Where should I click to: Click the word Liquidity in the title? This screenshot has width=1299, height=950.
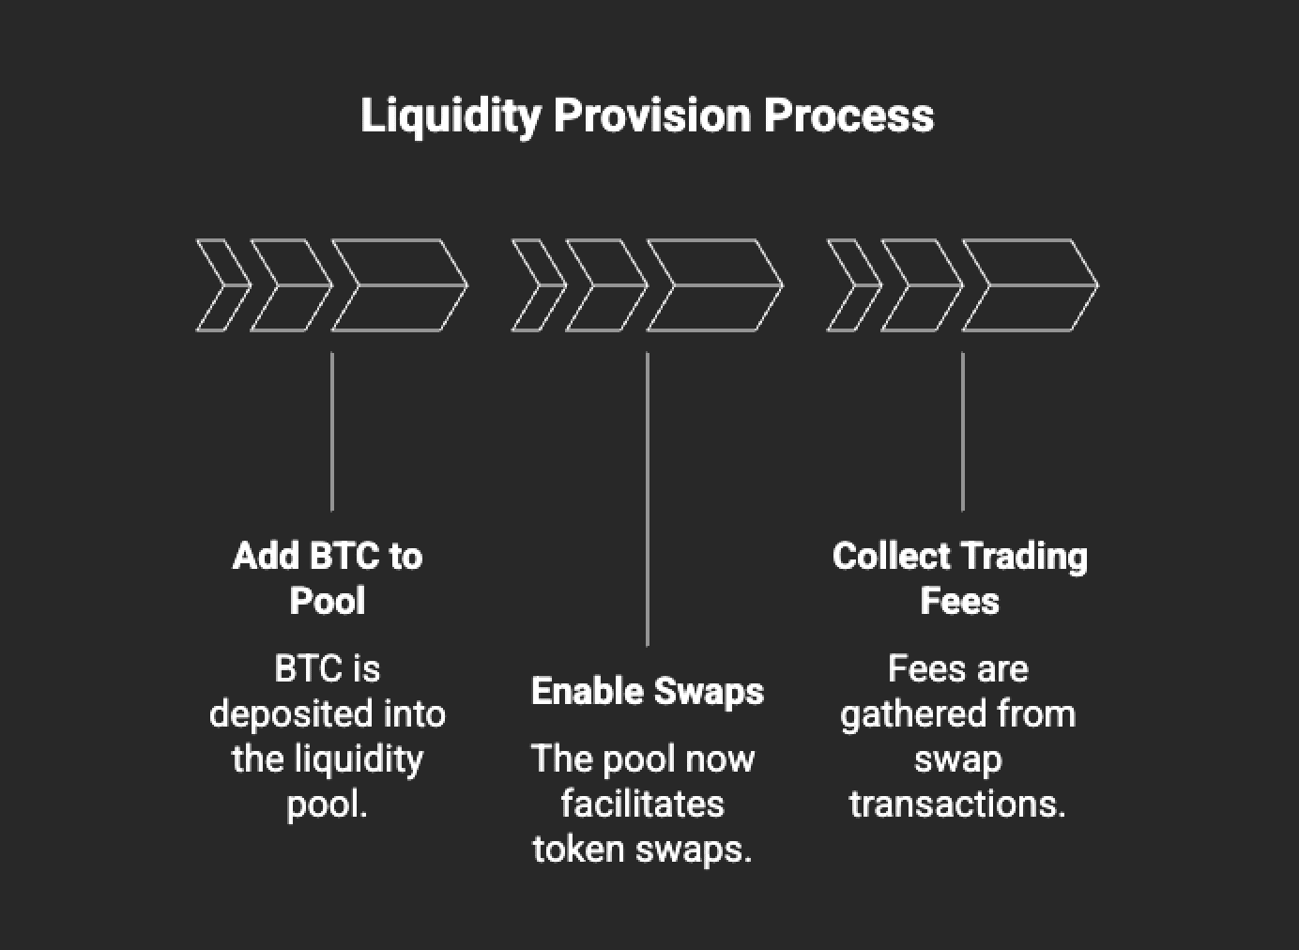[x=451, y=116]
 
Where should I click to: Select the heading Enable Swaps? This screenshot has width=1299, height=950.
[x=647, y=692]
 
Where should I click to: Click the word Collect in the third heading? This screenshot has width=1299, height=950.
[x=891, y=557]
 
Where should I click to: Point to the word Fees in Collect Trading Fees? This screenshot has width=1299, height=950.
[x=959, y=602]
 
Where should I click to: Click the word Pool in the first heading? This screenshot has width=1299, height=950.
[x=327, y=602]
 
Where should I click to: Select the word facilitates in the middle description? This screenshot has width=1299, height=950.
[x=643, y=804]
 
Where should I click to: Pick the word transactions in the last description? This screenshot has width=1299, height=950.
[x=957, y=804]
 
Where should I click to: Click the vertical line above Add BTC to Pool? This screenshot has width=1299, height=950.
[x=332, y=432]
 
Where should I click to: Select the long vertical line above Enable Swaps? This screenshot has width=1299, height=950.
[x=648, y=498]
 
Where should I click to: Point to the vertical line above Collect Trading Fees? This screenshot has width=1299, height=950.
[x=963, y=432]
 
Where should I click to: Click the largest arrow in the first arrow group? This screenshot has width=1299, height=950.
[x=399, y=285]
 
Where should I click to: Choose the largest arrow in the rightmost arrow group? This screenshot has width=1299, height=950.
[x=1030, y=285]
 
